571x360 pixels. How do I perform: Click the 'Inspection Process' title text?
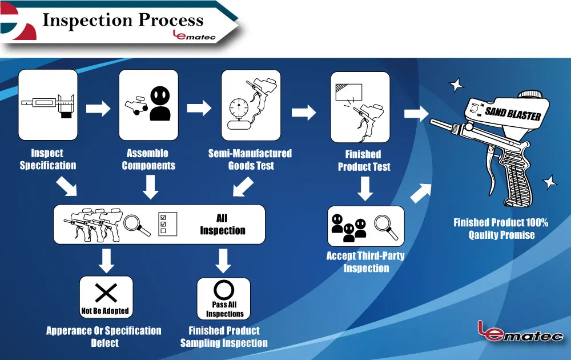123,21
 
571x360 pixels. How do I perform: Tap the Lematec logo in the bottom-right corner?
520,331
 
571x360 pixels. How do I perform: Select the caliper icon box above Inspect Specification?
48,105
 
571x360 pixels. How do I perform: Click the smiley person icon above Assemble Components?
160,103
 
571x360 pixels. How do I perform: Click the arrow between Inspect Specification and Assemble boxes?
98,109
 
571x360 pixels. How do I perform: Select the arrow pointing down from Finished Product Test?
366,188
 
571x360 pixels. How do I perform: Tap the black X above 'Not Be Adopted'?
106,293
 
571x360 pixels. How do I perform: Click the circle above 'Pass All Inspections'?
224,290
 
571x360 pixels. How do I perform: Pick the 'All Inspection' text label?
222,225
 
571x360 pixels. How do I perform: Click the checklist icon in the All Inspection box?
168,224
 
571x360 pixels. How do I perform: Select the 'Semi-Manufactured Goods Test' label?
250,159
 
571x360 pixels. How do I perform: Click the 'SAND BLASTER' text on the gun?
513,113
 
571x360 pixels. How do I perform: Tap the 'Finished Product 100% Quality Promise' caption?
501,229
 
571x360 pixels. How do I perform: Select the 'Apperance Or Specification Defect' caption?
104,337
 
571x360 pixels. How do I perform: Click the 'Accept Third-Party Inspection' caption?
365,262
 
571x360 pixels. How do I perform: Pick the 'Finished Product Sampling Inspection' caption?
224,337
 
